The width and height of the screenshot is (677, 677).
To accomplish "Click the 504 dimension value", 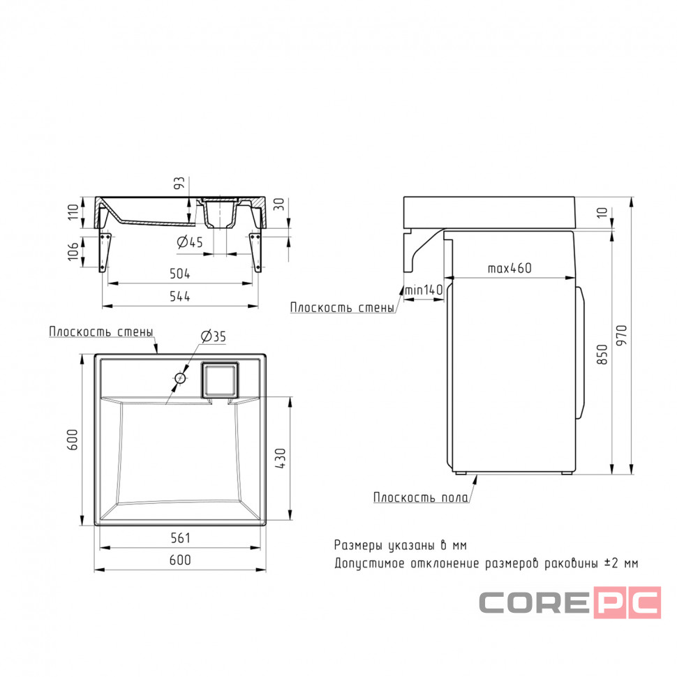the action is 179,274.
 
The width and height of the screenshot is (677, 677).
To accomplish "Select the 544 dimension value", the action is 179,297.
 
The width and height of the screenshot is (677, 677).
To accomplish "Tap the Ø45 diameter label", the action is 190,242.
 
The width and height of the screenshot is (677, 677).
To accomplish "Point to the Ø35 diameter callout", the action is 214,336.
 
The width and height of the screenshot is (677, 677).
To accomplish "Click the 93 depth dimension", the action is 179,183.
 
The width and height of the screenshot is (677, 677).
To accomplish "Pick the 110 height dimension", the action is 73,211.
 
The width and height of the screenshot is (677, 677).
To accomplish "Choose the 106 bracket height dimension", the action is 73,251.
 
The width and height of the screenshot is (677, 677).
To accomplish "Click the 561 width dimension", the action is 180,538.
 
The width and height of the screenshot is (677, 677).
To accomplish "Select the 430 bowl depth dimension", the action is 280,459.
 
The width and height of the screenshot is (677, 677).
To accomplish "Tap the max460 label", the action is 509,268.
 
